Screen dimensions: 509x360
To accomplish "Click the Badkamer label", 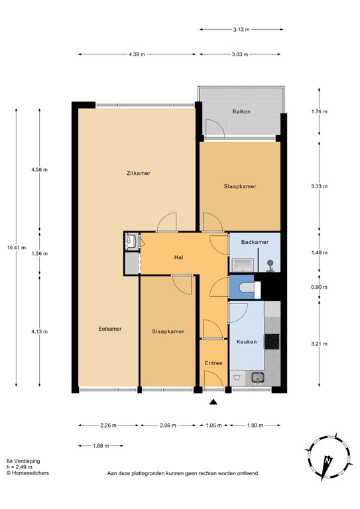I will coord(255,243).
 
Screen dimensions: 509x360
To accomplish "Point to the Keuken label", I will coord(247,342).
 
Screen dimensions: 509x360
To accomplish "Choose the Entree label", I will coord(213,363).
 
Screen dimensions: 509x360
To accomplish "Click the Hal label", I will coord(178,257).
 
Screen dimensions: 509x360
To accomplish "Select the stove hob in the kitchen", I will coord(272,341).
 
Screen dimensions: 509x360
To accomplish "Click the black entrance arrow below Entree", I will coord(213,402).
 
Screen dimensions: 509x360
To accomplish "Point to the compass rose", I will coord(327,458).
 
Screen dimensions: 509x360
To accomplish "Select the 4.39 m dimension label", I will coord(137,55).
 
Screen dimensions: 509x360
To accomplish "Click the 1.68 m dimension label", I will coord(99,446).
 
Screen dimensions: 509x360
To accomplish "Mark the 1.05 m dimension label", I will coord(213,425).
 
